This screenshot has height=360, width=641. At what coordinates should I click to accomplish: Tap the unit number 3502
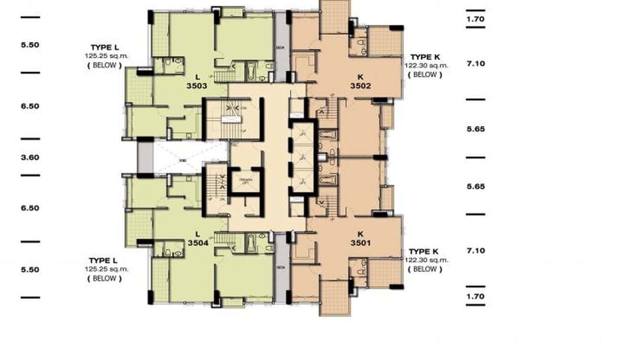click(x=361, y=86)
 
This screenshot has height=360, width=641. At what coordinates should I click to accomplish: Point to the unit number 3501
click(x=361, y=243)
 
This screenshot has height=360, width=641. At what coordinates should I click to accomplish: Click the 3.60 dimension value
click(x=30, y=157)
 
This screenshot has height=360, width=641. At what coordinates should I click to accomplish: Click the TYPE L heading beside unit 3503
click(x=104, y=48)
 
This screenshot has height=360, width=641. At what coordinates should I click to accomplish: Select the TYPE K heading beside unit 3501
click(x=424, y=251)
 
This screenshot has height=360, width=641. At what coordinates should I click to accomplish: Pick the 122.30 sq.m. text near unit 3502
click(x=427, y=65)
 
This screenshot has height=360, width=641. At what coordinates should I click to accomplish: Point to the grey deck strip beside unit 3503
click(x=281, y=47)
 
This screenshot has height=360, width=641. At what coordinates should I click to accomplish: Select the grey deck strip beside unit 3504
click(x=281, y=267)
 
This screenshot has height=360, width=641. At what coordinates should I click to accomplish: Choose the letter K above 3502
click(x=361, y=76)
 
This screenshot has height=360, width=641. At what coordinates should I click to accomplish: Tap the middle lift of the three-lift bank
click(x=302, y=157)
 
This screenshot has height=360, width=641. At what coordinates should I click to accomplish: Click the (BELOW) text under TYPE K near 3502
click(x=425, y=74)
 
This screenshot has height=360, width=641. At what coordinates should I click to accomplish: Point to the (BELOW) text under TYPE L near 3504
click(x=104, y=278)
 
